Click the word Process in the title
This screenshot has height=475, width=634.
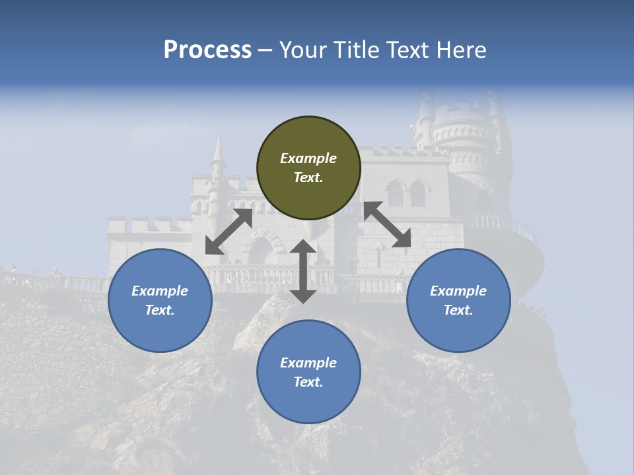(x=207, y=50)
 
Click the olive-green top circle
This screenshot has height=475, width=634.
(x=308, y=168)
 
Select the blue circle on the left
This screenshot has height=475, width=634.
(x=160, y=300)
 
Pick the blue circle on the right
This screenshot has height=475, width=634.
(x=458, y=300)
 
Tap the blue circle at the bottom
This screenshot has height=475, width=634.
(x=308, y=372)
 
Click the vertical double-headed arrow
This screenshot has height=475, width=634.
(x=303, y=271)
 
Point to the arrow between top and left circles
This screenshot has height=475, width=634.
(x=229, y=232)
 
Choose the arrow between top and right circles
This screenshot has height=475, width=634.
(x=388, y=225)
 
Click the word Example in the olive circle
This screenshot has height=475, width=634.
(x=308, y=158)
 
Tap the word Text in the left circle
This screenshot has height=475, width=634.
(x=160, y=310)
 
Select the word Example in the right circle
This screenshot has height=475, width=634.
(x=458, y=291)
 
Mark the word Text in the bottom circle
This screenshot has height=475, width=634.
(x=308, y=382)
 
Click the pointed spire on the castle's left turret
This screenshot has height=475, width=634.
(x=217, y=151)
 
